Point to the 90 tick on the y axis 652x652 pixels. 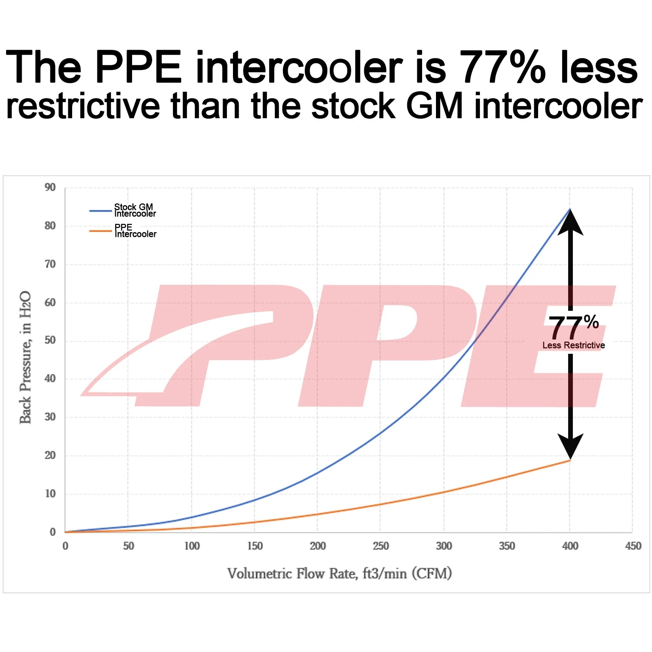[50, 187]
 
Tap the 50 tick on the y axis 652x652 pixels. [50, 340]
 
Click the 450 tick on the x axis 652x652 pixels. [633, 546]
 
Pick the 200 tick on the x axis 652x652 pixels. [318, 546]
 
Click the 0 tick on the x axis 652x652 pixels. [65, 546]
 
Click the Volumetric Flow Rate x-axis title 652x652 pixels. [339, 574]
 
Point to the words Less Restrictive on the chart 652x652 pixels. [573, 345]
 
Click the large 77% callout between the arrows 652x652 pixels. [573, 327]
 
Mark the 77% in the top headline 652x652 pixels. [502, 67]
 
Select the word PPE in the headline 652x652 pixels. [138, 67]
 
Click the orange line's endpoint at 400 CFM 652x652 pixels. [570, 460]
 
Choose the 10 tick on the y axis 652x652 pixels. [50, 494]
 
